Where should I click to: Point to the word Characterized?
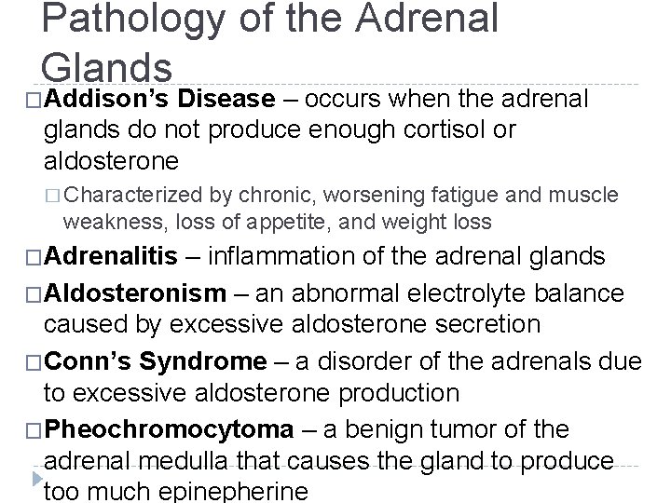pos(131,196)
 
